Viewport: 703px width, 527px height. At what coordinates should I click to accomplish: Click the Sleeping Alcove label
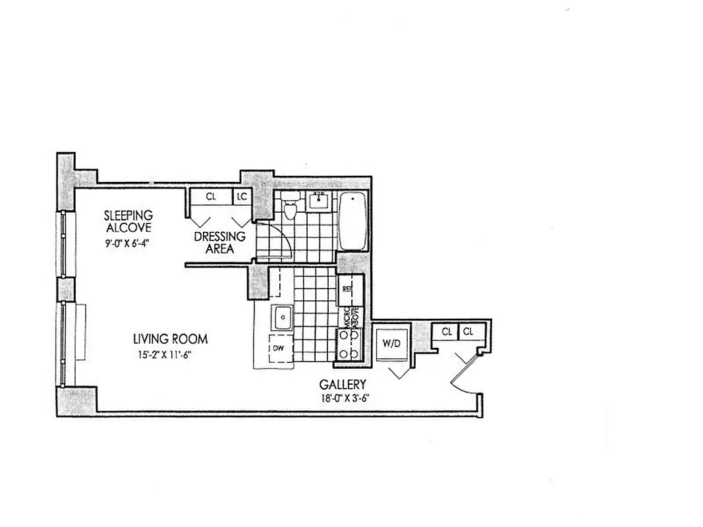click(x=128, y=221)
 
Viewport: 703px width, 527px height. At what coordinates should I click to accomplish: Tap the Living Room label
click(x=170, y=339)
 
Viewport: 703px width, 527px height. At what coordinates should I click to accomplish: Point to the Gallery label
click(x=343, y=384)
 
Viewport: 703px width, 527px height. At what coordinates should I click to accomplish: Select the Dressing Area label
click(x=219, y=242)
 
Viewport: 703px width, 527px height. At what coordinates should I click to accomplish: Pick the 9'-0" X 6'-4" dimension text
click(x=128, y=242)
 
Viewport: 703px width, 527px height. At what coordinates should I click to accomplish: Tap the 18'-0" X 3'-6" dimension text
click(x=343, y=398)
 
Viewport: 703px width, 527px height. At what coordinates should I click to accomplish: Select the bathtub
click(x=353, y=221)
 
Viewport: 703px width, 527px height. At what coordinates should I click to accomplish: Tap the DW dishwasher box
click(x=279, y=348)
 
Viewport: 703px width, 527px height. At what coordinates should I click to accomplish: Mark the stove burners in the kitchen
click(x=347, y=345)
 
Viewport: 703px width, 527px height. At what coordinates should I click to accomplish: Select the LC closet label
click(x=242, y=196)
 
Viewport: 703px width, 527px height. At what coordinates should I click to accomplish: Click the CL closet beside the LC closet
click(x=211, y=196)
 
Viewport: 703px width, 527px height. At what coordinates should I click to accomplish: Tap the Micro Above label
click(x=350, y=317)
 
